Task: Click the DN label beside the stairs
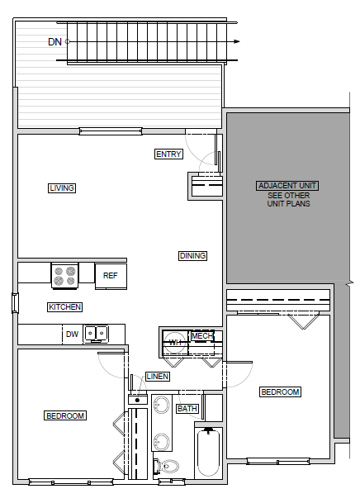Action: [54, 41]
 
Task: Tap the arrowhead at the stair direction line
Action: [237, 40]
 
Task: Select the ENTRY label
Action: [168, 154]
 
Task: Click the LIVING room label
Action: [62, 188]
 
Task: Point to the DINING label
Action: [192, 256]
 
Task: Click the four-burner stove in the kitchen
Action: [64, 275]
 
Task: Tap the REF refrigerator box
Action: [110, 276]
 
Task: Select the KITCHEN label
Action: [64, 307]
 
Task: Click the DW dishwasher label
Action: [72, 335]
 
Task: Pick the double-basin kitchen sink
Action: [96, 335]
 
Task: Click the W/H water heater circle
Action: [174, 344]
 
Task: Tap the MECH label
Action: [201, 336]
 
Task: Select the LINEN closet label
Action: [158, 377]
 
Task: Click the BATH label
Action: [187, 408]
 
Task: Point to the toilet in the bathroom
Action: [169, 467]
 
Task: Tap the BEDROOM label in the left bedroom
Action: [65, 415]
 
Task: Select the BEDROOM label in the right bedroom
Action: [280, 391]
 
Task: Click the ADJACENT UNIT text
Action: [288, 186]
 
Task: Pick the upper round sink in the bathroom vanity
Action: [163, 406]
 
